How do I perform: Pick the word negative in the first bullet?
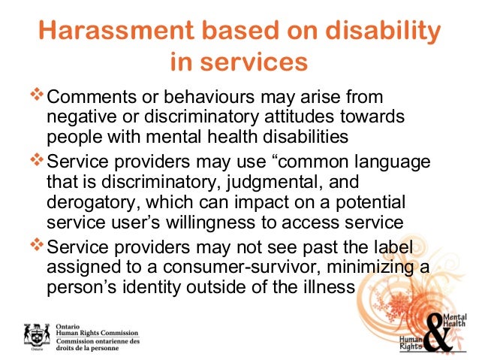point(78,117)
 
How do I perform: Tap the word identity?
point(152,287)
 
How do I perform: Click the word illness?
point(324,287)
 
